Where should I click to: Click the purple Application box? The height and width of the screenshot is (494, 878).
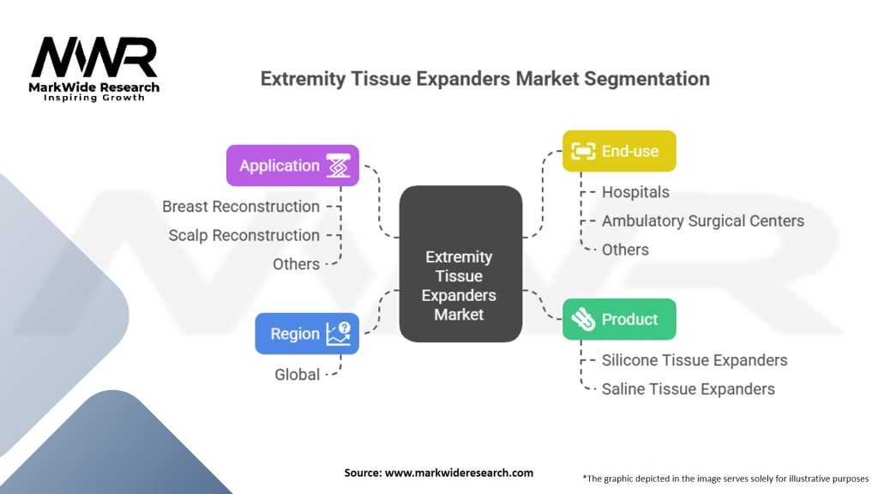click(x=292, y=166)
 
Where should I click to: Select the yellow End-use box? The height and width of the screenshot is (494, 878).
click(x=619, y=151)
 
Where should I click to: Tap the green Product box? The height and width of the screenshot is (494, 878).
click(x=619, y=319)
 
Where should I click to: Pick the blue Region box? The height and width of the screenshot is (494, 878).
click(x=307, y=334)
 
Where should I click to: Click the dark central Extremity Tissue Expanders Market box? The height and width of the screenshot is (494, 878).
click(x=460, y=264)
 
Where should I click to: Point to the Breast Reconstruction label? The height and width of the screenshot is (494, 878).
click(x=241, y=207)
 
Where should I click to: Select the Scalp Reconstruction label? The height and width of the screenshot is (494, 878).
click(x=244, y=235)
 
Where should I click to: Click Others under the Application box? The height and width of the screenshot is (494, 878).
click(x=296, y=264)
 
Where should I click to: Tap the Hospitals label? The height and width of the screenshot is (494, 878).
click(x=635, y=192)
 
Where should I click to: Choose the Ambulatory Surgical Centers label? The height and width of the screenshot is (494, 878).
click(x=703, y=221)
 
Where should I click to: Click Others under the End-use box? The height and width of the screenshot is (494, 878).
click(x=625, y=250)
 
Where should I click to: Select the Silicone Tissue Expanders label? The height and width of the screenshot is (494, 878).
click(x=695, y=360)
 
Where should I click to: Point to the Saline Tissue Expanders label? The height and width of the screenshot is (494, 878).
click(x=689, y=389)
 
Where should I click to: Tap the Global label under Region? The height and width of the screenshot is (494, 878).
click(x=297, y=375)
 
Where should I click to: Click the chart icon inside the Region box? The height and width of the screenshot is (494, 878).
click(x=338, y=334)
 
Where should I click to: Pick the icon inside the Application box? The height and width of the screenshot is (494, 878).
click(x=339, y=166)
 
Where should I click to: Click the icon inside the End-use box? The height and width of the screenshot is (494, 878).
click(x=583, y=151)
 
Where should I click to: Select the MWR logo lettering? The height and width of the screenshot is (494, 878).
click(x=94, y=57)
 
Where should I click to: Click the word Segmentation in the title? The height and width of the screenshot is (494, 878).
click(x=646, y=79)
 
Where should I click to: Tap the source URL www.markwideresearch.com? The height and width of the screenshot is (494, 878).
click(x=459, y=473)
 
